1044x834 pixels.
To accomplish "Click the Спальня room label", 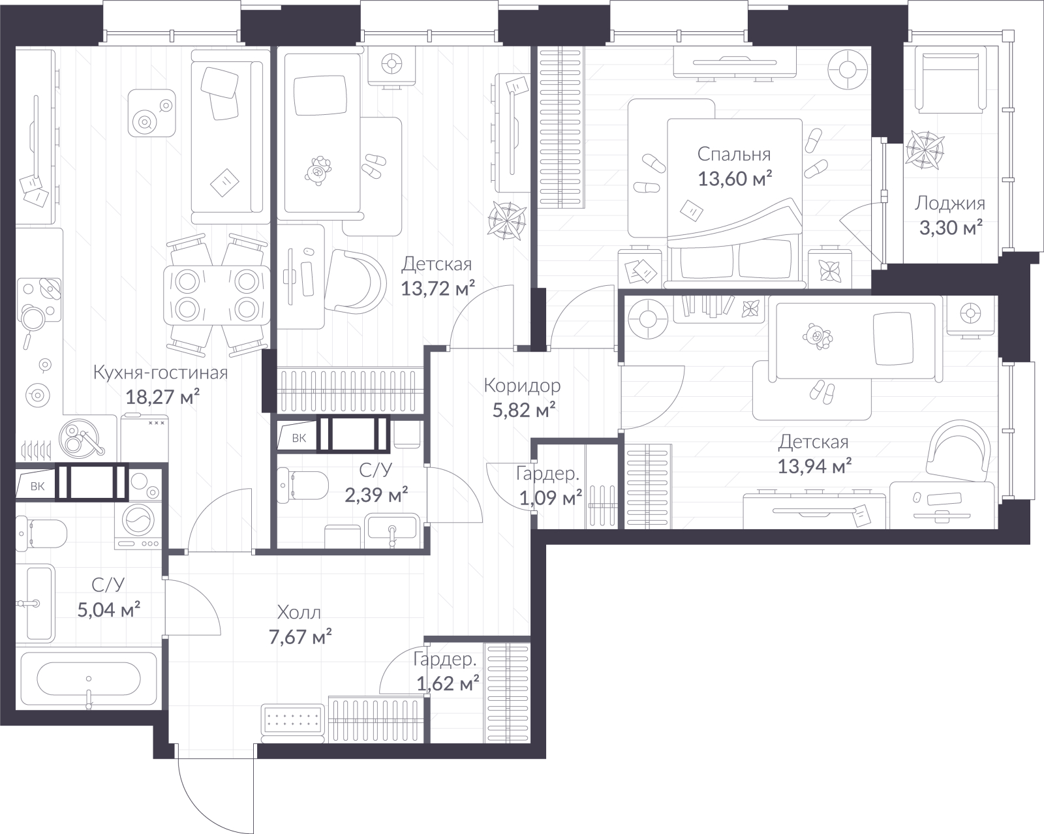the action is click(734, 154).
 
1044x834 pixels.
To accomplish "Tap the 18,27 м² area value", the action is click(162, 397).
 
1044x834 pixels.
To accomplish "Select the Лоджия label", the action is click(950, 204).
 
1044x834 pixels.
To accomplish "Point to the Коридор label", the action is click(522, 386).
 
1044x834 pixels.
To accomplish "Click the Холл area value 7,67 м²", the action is click(300, 636).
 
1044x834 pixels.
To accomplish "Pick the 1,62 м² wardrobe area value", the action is click(448, 684).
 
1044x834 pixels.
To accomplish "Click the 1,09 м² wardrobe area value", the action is click(551, 498).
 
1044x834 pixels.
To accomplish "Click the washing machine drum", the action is click(139, 519).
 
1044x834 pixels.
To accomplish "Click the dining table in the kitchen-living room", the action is click(217, 295).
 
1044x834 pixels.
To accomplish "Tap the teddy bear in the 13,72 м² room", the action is click(318, 170).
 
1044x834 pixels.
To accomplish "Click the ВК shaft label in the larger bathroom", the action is click(37, 486).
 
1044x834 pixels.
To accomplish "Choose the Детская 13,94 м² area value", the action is click(814, 467).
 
